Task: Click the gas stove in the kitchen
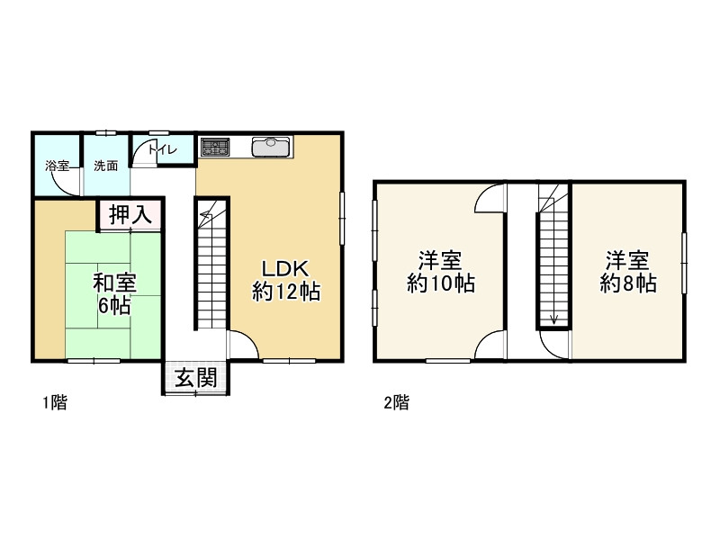pyautogui.click(x=215, y=147)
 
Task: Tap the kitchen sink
pyautogui.click(x=271, y=147)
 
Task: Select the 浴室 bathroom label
pyautogui.click(x=58, y=166)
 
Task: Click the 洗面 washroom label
pyautogui.click(x=106, y=166)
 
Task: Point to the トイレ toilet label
pyautogui.click(x=163, y=149)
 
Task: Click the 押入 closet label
pyautogui.click(x=130, y=214)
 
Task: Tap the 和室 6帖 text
pyautogui.click(x=114, y=294)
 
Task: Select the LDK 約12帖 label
pyautogui.click(x=286, y=281)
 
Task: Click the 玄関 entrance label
pyautogui.click(x=196, y=378)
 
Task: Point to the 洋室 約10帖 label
pyautogui.click(x=440, y=273)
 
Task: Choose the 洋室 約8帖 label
pyautogui.click(x=627, y=273)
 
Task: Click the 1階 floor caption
pyautogui.click(x=55, y=402)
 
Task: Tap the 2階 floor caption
pyautogui.click(x=397, y=402)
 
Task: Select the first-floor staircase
pyautogui.click(x=211, y=264)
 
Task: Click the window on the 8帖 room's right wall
pyautogui.click(x=684, y=263)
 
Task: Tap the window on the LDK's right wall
pyautogui.click(x=342, y=218)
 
